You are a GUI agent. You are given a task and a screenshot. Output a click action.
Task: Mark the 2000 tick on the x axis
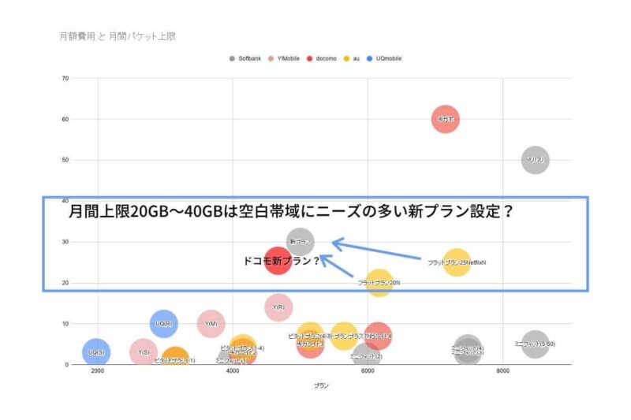click(98, 370)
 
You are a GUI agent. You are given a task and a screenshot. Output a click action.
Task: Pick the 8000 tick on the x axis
click(502, 370)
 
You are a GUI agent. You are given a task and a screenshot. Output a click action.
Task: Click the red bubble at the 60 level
click(446, 119)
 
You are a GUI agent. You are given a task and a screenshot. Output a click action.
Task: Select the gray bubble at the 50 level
click(536, 160)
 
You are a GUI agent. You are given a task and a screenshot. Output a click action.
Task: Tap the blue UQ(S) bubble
click(96, 352)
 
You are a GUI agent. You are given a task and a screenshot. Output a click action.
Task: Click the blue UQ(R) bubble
click(164, 323)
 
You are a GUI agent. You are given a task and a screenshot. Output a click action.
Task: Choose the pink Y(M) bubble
click(211, 323)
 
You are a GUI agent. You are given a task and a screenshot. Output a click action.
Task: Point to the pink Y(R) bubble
click(278, 307)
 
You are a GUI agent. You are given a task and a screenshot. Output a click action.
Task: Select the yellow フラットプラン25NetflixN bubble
click(457, 262)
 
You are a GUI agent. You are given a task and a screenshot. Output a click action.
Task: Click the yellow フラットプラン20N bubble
click(379, 282)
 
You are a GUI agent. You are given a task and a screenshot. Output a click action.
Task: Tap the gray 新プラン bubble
click(301, 241)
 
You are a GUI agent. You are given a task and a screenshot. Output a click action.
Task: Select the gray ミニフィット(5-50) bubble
click(535, 344)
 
